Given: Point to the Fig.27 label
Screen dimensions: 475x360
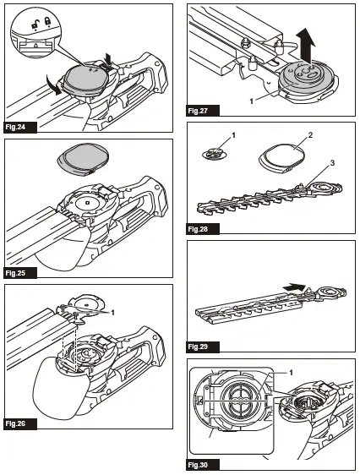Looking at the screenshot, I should (199, 111).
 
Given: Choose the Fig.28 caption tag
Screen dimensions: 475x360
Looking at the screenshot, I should (199, 228).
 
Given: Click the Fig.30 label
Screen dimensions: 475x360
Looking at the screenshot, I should (199, 464).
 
